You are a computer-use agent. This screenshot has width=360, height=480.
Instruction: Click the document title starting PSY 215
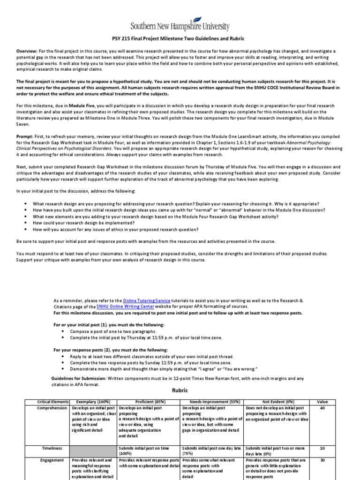[180, 38]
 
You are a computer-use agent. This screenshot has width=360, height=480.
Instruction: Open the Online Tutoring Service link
[146, 300]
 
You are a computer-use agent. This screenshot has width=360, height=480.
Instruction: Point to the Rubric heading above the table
[180, 390]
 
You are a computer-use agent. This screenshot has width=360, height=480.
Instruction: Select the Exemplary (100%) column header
[93, 402]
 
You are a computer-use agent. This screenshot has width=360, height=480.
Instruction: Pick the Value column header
[323, 402]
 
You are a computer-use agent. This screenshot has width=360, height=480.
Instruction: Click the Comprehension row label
[52, 408]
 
